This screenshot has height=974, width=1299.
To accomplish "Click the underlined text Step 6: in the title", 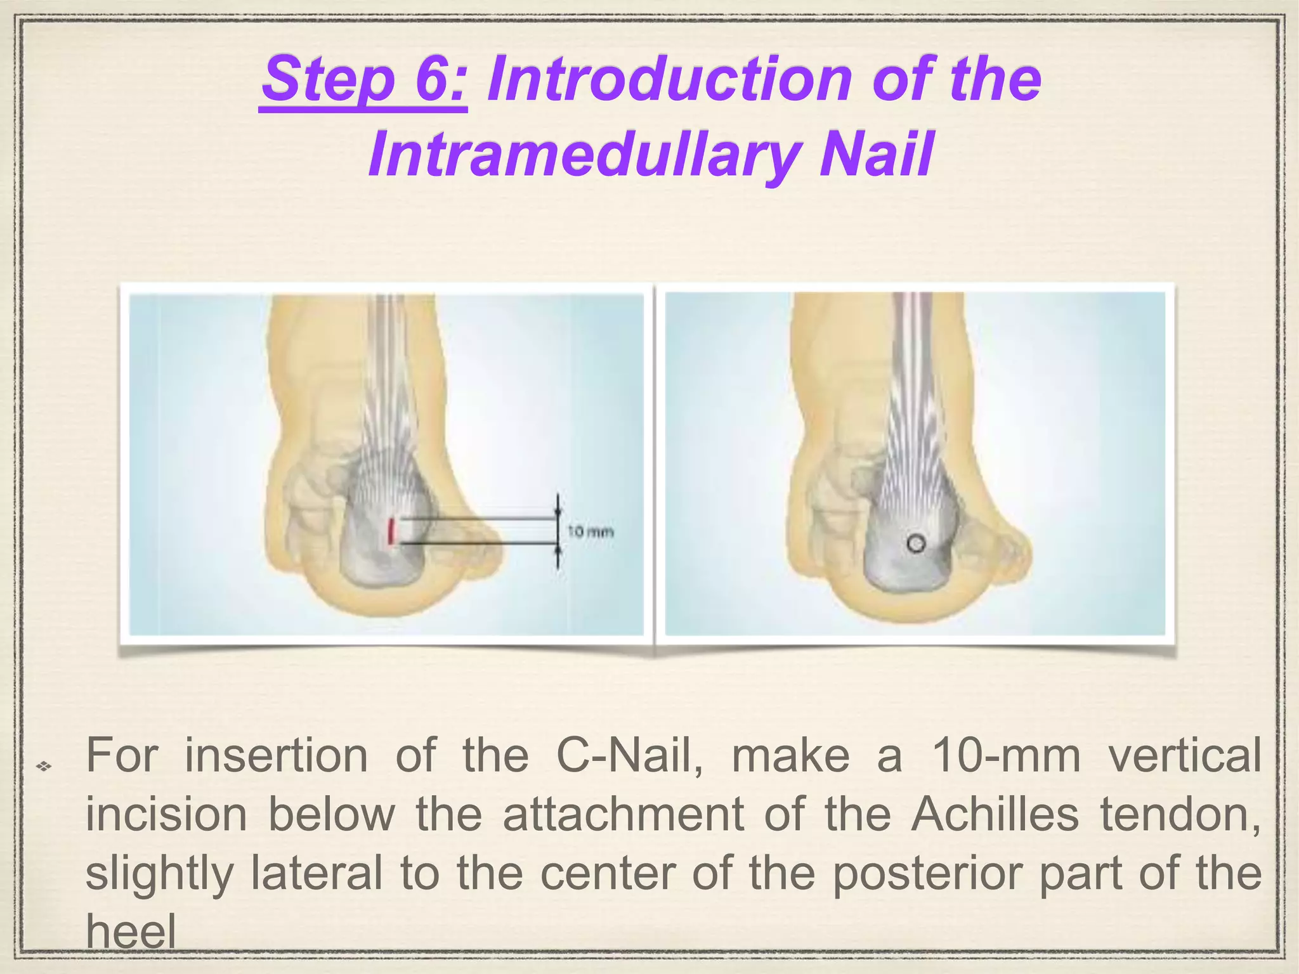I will point(364,81).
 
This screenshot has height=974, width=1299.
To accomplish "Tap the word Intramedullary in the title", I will point(582,155).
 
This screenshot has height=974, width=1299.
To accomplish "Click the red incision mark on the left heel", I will point(392,531).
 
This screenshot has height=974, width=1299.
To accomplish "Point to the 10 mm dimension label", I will point(590,531).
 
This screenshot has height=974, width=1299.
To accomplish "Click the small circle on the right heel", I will point(915,543).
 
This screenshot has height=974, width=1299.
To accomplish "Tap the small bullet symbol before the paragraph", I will point(43,768).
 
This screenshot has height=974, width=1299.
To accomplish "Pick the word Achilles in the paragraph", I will point(995,814).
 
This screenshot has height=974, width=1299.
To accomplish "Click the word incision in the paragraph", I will point(166,814).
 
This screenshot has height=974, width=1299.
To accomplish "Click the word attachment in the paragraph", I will point(623,814).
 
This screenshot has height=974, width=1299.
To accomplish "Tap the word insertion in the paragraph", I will point(276,756).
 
